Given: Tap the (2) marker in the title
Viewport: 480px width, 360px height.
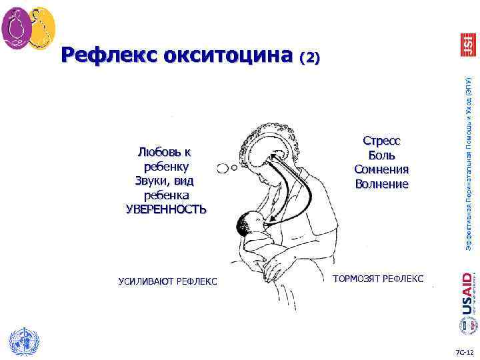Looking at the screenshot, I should (311, 59).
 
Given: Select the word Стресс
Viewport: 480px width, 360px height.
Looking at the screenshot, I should (381, 141).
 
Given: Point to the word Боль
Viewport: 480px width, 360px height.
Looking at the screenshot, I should (381, 155).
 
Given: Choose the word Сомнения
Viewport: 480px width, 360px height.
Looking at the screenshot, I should (381, 169).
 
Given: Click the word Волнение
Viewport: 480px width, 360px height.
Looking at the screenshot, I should (381, 183).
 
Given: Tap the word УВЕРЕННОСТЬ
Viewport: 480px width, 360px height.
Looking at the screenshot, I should (166, 209).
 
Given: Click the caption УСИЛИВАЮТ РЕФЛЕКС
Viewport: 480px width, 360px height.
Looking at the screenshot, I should (167, 281).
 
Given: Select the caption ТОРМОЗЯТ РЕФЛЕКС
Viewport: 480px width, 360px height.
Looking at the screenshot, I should (377, 277).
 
